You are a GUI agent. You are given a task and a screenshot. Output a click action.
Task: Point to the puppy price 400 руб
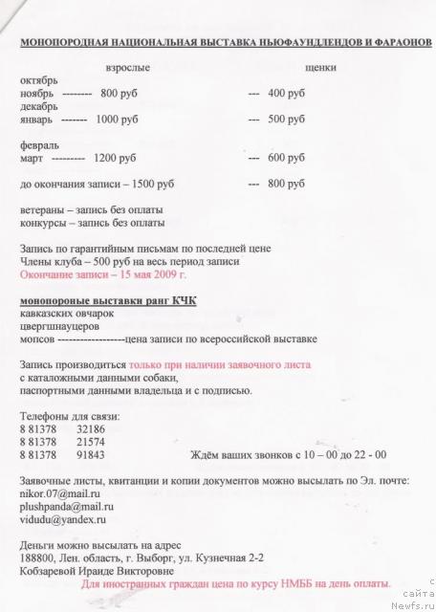[x=286, y=94]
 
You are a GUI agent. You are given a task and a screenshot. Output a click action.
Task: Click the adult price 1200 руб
[x=115, y=158]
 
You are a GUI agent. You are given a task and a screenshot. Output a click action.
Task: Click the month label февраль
[x=39, y=145]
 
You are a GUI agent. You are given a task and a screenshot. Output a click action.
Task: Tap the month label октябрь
[x=38, y=81]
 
